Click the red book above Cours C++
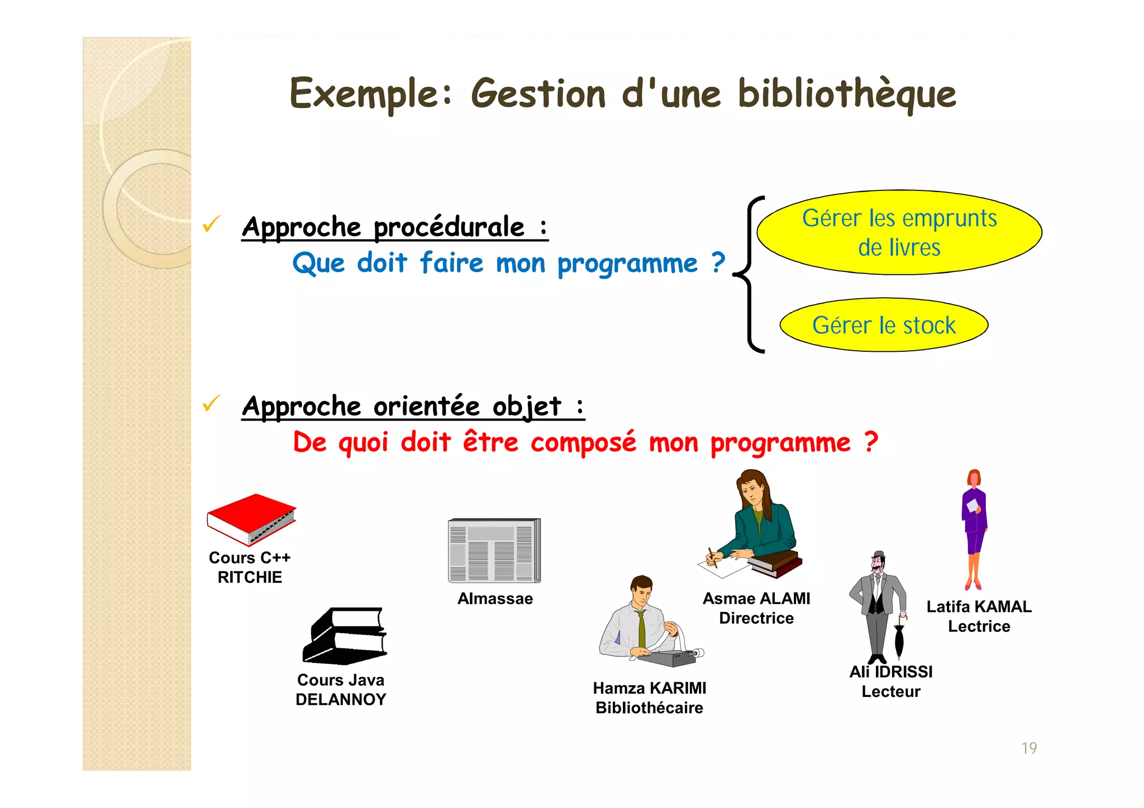pos(251,518)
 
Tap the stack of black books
pos(345,636)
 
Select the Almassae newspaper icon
pos(494,551)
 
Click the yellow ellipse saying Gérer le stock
pos(884,325)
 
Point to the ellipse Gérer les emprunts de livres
pos(899,232)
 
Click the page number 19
pos(1029,748)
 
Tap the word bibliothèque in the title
pos(846,94)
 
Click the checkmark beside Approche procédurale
pos(211,224)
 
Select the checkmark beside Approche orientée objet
pos(211,403)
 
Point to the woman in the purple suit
pos(974,528)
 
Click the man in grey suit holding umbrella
pos(877,603)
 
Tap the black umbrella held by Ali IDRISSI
pos(899,639)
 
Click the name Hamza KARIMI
pos(650,688)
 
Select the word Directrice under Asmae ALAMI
pos(756,618)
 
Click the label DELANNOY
pos(341,700)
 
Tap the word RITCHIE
pos(250,577)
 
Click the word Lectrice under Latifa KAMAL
pos(979,627)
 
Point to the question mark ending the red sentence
pos(871,442)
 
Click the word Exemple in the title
pos(363,94)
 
